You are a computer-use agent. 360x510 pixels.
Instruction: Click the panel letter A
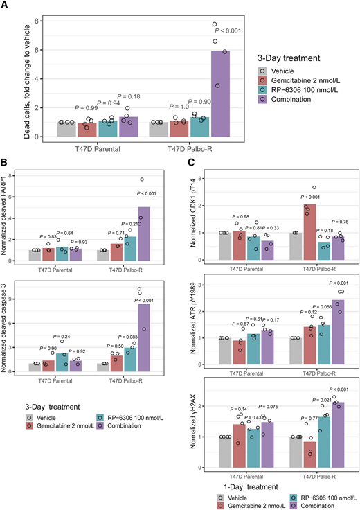[x=5, y=6]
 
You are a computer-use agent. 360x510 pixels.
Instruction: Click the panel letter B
[x=5, y=164]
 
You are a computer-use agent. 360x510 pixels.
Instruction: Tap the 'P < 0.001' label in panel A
[x=230, y=31]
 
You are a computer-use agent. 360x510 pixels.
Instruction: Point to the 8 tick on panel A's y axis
[x=37, y=21]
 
